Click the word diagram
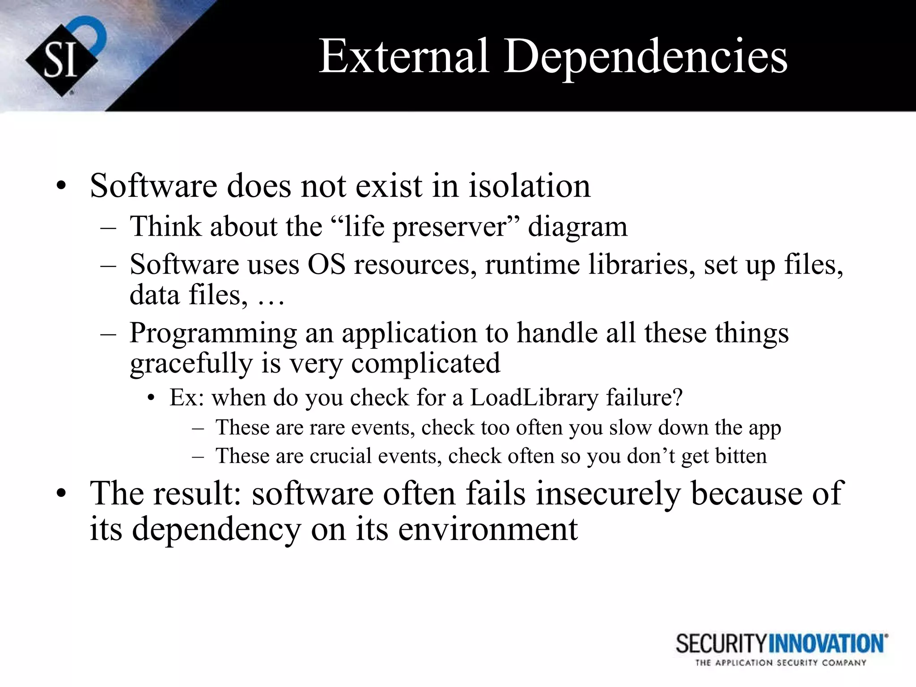click(x=577, y=227)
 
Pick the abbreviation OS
click(x=327, y=265)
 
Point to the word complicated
click(x=425, y=363)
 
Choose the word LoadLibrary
click(x=534, y=398)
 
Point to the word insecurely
click(x=608, y=494)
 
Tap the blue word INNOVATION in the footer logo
click(x=827, y=644)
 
